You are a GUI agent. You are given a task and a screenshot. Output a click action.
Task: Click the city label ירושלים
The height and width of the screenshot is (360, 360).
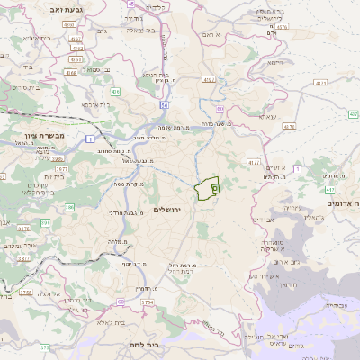pos(168,210)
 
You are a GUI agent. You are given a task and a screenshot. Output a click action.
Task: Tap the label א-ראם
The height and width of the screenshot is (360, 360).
pos(212,34)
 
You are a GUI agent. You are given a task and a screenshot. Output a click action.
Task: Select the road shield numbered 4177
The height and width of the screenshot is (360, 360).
pos(254,163)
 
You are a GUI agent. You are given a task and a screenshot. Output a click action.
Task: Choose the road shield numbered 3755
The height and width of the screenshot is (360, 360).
pos(25,292)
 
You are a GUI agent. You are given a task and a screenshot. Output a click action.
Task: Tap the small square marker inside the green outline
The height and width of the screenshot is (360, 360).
pos(216,189)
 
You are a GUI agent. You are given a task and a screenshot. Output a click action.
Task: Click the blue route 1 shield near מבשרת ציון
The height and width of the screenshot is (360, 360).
pos(91,138)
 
